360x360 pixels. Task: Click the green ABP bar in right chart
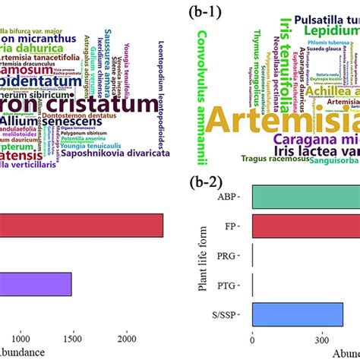pos(304,198)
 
